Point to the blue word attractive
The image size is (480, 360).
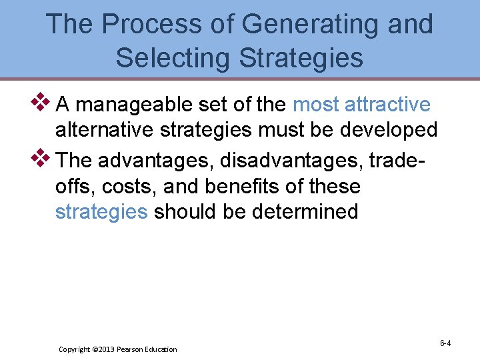[389, 105]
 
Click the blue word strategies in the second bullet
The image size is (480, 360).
[101, 212]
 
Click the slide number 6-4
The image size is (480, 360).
[445, 343]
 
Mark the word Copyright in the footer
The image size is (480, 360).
[75, 349]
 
